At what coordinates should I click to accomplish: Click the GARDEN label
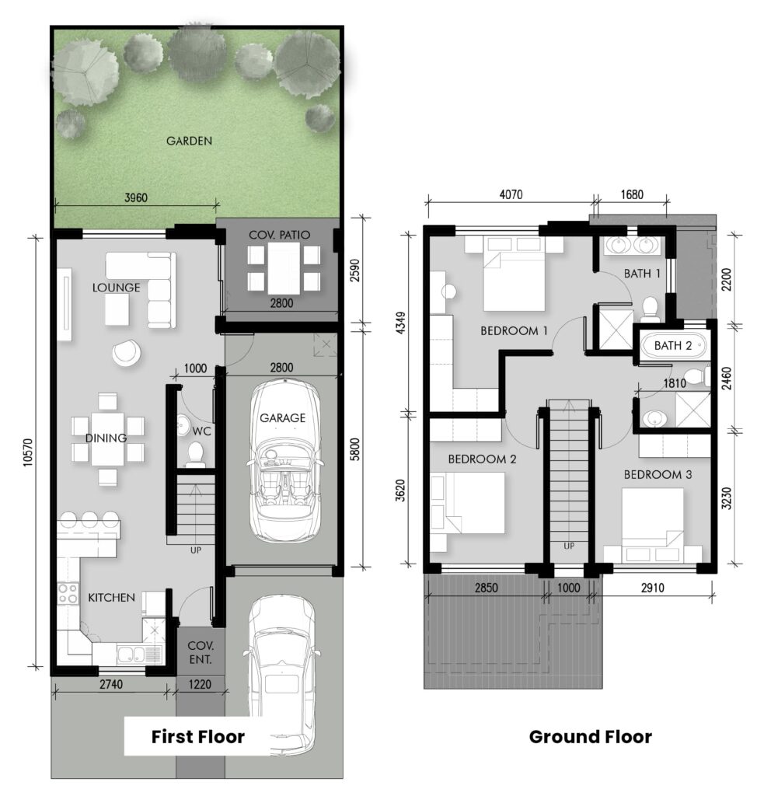[x=189, y=141]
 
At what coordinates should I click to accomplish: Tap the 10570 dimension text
[x=29, y=452]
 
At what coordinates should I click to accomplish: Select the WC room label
[x=201, y=431]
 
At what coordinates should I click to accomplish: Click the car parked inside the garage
[x=283, y=460]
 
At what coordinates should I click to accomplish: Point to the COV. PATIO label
[x=279, y=235]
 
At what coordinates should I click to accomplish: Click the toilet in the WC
[x=195, y=454]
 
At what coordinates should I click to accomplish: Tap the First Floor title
[x=198, y=737]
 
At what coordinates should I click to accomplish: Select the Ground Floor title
[x=591, y=737]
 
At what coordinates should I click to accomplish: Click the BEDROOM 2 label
[x=482, y=459]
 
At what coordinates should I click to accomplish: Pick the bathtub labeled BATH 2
[x=673, y=346]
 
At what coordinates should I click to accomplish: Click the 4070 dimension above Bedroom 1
[x=511, y=194]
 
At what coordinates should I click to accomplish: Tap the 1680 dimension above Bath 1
[x=632, y=194]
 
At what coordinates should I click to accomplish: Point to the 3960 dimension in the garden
[x=136, y=197]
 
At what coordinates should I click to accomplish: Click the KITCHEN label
[x=112, y=598]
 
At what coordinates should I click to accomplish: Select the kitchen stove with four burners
[x=68, y=593]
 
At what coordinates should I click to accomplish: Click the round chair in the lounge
[x=127, y=352]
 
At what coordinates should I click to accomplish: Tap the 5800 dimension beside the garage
[x=355, y=449]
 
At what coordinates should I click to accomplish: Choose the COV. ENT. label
[x=201, y=653]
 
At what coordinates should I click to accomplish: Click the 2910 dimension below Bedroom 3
[x=652, y=588]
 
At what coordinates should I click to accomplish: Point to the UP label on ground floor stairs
[x=569, y=546]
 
